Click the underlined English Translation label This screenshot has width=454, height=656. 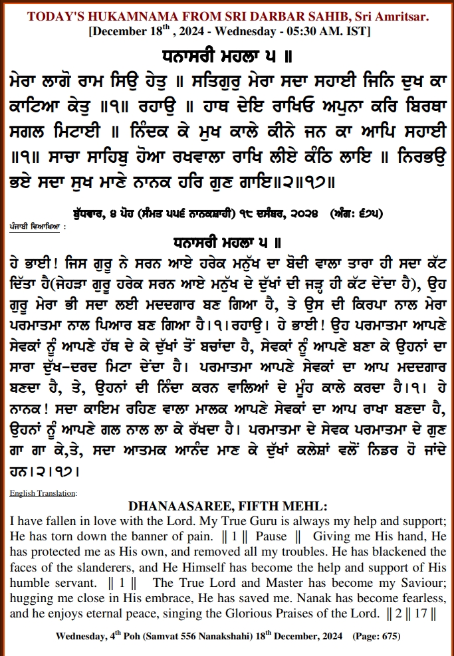43,493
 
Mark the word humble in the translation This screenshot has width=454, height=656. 29,582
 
